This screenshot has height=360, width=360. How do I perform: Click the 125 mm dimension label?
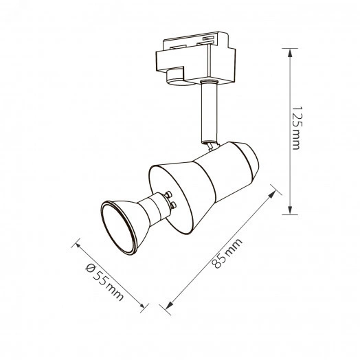297,128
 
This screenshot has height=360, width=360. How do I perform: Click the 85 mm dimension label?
227,254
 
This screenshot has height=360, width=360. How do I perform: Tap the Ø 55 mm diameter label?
104,282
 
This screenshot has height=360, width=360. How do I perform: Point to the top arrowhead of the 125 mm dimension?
290,53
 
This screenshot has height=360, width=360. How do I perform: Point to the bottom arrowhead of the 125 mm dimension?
290,210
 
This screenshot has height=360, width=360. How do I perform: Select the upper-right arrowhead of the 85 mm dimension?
272,194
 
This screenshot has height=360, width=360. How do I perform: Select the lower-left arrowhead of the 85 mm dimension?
169,305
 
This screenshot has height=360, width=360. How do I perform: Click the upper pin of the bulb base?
168,194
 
